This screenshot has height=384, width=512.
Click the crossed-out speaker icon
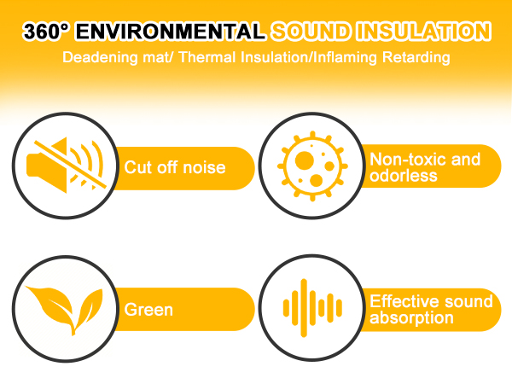click(65, 163)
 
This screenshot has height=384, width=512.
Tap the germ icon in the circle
click(308, 162)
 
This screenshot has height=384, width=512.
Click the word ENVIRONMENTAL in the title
click(168, 32)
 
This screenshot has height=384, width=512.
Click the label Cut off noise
click(175, 167)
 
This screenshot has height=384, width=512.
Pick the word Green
click(148, 309)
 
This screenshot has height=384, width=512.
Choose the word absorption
click(411, 318)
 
